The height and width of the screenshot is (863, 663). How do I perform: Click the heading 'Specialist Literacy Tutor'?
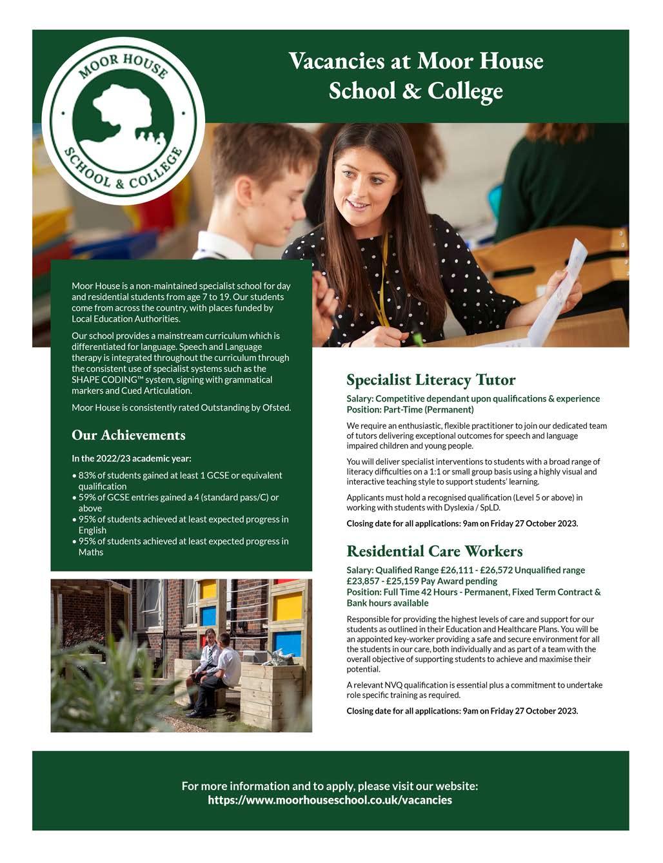tap(431, 379)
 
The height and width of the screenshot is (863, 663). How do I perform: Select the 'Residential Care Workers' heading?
tap(434, 551)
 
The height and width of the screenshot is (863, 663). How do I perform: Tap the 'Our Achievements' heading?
tap(128, 435)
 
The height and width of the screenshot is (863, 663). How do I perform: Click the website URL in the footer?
tap(330, 800)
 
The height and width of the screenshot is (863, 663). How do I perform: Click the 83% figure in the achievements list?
tap(87, 476)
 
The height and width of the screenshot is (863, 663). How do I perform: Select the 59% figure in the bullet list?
tap(87, 498)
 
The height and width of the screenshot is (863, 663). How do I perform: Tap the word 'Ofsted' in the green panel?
tap(276, 407)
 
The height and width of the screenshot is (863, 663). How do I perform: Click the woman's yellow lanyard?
tap(385, 284)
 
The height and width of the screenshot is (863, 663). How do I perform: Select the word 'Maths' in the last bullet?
tap(91, 552)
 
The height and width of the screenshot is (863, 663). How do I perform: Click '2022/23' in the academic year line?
tap(113, 459)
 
